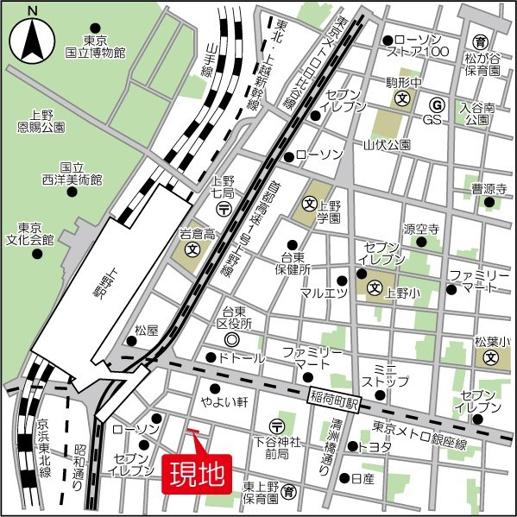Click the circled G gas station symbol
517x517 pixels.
(437, 105)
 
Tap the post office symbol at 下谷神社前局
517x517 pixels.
(276, 425)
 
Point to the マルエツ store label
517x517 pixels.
(324, 293)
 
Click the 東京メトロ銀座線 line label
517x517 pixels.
(419, 435)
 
